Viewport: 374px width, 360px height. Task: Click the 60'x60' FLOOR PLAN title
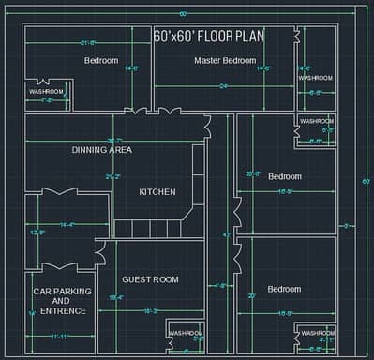click(209, 37)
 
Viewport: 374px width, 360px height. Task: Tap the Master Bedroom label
click(225, 60)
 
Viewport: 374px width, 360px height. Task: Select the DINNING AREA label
click(102, 149)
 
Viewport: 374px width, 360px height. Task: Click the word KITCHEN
click(157, 191)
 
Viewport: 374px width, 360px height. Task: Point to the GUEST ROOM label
click(150, 278)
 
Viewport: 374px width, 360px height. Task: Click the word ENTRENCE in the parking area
click(63, 310)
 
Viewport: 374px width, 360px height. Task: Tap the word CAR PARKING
click(63, 292)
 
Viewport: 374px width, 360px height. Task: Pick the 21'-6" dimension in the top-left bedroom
click(88, 43)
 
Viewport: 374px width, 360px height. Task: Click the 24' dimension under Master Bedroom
click(224, 86)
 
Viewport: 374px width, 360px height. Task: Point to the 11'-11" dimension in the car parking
click(59, 336)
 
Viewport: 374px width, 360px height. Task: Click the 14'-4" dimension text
click(67, 225)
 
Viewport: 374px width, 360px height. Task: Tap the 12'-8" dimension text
click(37, 232)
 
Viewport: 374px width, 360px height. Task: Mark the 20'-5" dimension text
click(253, 173)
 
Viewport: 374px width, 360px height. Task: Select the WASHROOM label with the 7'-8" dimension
click(46, 91)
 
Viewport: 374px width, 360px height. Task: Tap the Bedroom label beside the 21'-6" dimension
click(101, 60)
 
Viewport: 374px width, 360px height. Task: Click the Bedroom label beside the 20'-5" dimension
click(285, 176)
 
